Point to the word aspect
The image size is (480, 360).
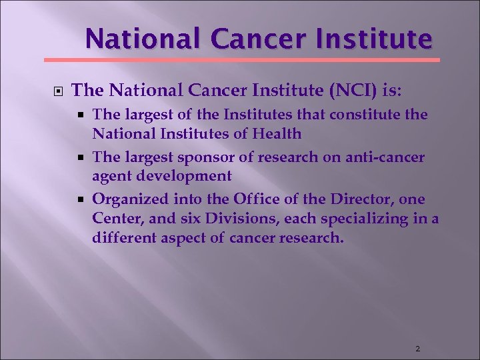click(182, 237)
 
